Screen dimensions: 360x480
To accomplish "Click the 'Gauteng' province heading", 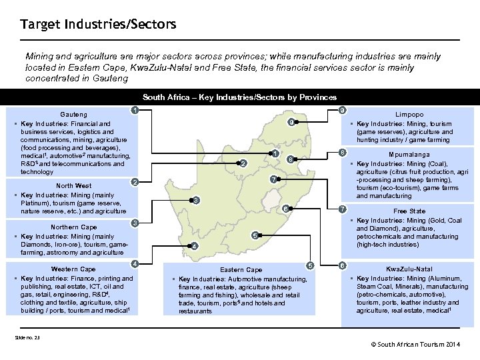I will click(x=73, y=115).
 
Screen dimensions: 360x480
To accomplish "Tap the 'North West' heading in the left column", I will click(x=74, y=185).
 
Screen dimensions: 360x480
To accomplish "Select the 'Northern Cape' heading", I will click(x=73, y=227).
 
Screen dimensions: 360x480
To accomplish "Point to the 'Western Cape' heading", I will click(x=73, y=269).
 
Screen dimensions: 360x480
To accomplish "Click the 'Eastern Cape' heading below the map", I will click(x=241, y=269).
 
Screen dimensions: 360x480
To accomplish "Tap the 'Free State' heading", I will click(x=409, y=211).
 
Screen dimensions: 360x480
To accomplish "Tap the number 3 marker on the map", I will click(x=195, y=200).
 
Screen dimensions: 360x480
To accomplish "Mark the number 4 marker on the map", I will click(x=194, y=246).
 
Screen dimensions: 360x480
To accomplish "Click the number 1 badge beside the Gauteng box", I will click(x=135, y=110).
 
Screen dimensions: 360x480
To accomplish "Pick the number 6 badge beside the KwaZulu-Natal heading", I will click(x=341, y=266).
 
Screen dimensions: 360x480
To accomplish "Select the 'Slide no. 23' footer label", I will click(x=27, y=337).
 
